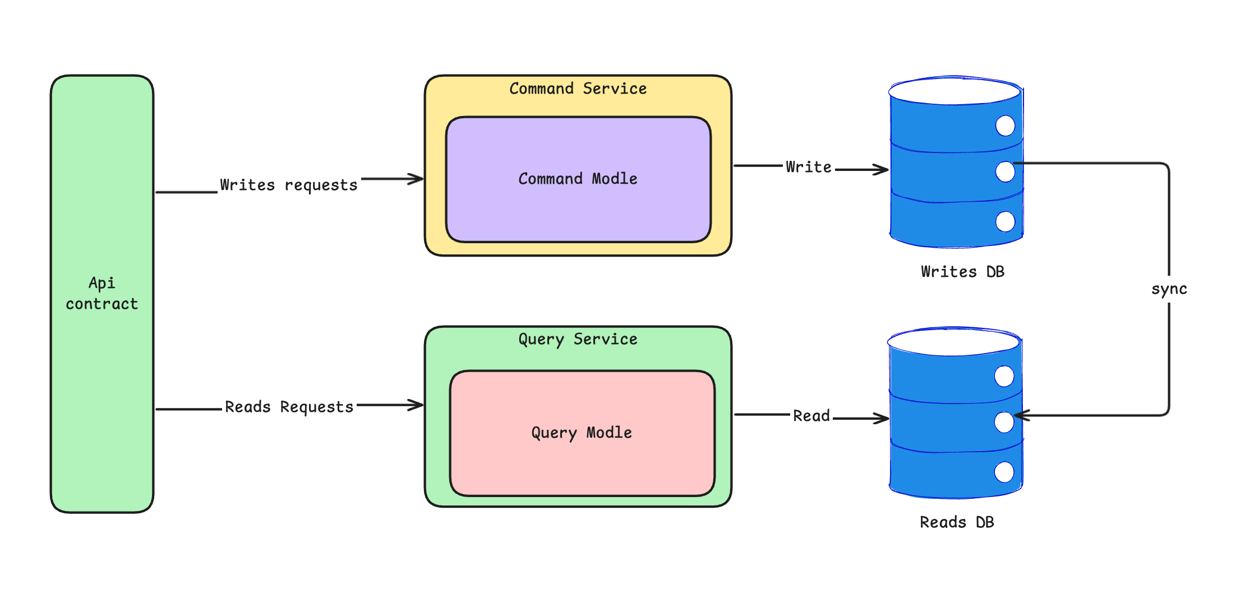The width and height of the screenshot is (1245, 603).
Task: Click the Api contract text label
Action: [102, 293]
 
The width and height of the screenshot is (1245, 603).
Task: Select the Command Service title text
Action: [578, 89]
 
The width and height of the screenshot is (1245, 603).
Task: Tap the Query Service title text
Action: [578, 339]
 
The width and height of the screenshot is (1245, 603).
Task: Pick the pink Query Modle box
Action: [582, 465]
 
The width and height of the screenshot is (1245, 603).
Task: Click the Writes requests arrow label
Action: [288, 185]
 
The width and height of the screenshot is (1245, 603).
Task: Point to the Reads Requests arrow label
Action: [289, 407]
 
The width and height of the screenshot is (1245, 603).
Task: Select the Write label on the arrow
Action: [808, 167]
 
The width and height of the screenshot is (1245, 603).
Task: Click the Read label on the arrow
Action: [811, 416]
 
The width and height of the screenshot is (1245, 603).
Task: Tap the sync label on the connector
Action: [1169, 289]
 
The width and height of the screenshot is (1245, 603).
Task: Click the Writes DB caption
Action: [962, 272]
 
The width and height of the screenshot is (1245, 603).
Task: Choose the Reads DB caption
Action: [957, 522]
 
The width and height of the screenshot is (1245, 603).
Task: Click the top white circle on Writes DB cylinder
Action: [1005, 126]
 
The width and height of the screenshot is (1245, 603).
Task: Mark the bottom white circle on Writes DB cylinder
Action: [1005, 221]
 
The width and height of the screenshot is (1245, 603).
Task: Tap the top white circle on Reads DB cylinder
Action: [1004, 376]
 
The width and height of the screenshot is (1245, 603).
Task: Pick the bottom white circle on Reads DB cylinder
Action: [1004, 472]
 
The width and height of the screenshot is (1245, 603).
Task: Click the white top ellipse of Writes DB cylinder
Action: [954, 91]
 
